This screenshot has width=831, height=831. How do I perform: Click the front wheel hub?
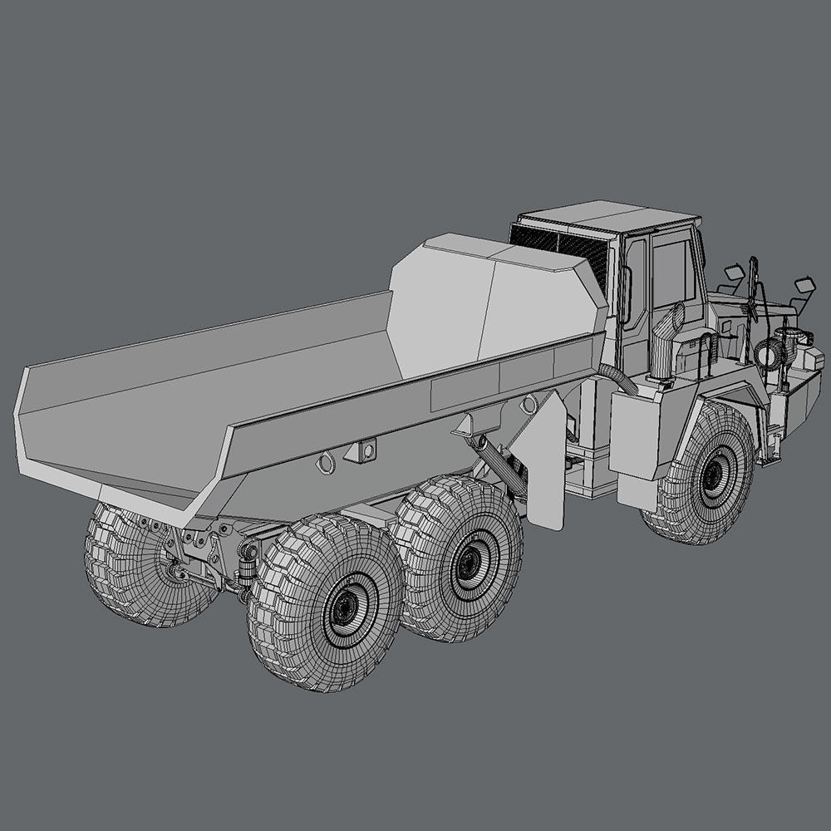[x=712, y=476]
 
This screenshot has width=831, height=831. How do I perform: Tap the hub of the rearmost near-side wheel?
[x=344, y=609]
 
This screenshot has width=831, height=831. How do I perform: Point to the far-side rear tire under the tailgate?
[x=133, y=565]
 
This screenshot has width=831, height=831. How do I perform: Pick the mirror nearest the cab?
[x=733, y=273]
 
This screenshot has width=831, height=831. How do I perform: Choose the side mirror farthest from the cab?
[x=804, y=285]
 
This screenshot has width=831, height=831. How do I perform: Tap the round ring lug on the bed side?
[x=327, y=462]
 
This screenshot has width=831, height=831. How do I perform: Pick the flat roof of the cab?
[x=611, y=216]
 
